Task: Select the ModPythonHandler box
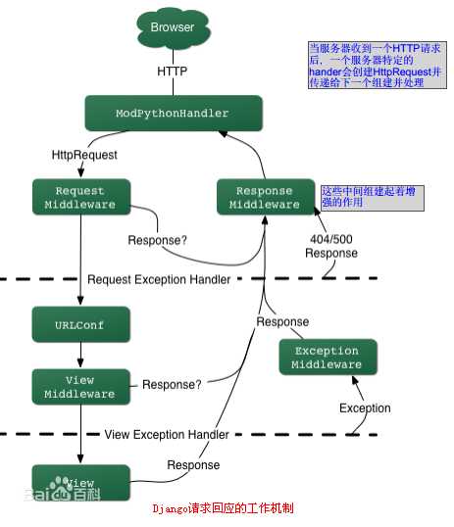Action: coord(174,114)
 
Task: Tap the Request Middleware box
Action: coord(80,197)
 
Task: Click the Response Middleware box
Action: coord(266,197)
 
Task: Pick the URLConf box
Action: coord(80,323)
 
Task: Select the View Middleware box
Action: coord(80,386)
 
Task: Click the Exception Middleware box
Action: coord(327,358)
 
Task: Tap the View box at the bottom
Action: coord(80,483)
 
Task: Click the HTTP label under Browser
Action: coord(174,72)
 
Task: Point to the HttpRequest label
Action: coord(84,156)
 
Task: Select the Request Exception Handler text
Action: coord(159,279)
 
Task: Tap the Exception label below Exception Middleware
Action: coord(364,407)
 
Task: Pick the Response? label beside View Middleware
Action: coord(172,385)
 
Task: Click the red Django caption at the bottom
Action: coord(223,509)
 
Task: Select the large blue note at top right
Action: coord(372,65)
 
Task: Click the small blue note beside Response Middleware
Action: coord(372,197)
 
